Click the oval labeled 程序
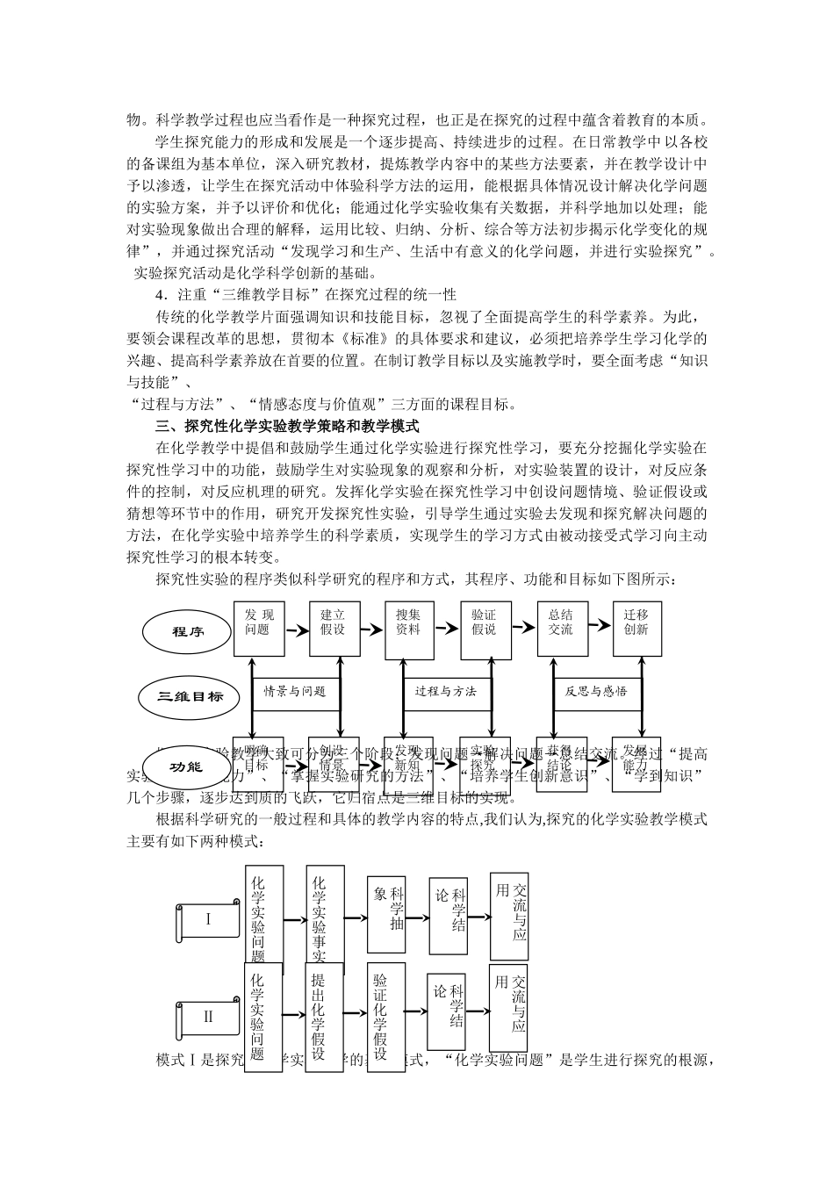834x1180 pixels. coord(185,630)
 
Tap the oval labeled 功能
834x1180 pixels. coord(185,766)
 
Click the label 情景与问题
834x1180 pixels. coord(295,692)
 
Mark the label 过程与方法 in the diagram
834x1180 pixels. coord(446,692)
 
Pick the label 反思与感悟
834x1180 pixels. coord(597,692)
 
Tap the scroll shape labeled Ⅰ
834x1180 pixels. coord(208,921)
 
